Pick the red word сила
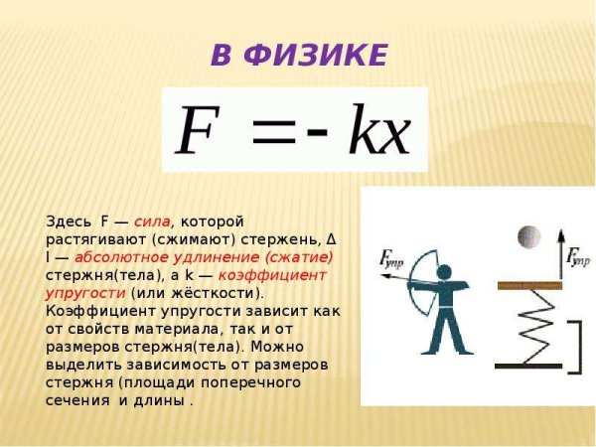tap(152, 221)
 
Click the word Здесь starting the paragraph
tap(67, 221)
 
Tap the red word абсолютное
tap(116, 257)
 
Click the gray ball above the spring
tap(528, 238)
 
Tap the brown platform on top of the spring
tap(529, 285)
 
